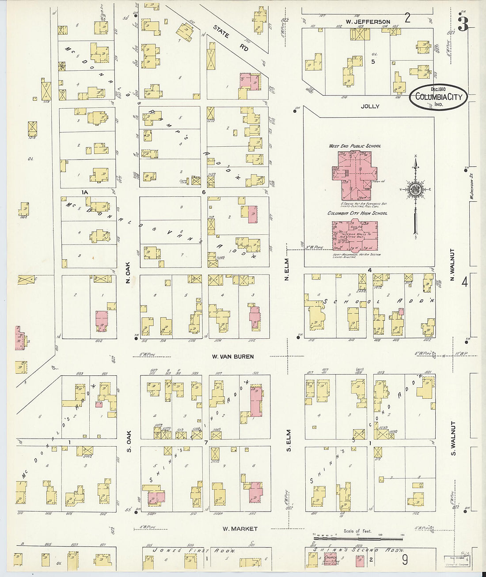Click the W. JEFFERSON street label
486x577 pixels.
click(x=368, y=22)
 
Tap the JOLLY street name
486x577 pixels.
click(x=370, y=107)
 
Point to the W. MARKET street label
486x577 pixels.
click(x=239, y=529)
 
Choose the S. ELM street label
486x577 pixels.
click(x=289, y=440)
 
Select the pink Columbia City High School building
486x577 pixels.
click(x=355, y=235)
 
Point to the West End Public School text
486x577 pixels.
click(x=354, y=146)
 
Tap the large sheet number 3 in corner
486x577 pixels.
click(x=463, y=24)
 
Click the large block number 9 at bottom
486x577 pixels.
click(x=405, y=560)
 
